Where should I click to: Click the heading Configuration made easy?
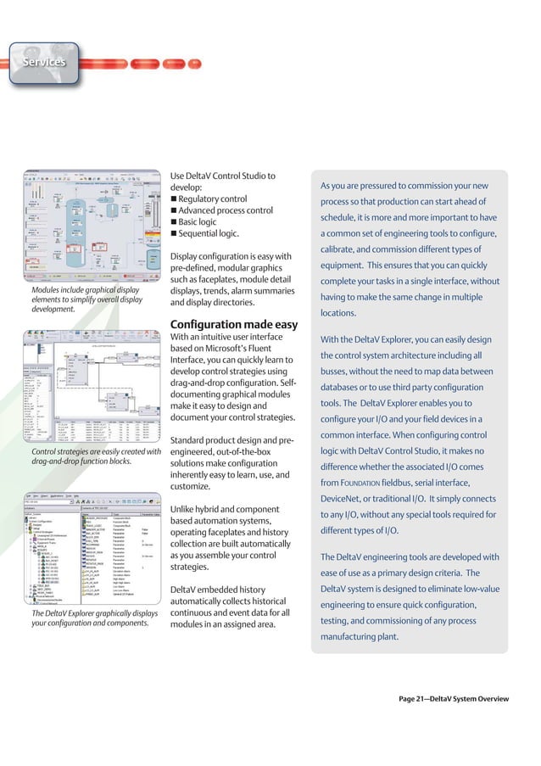pyautogui.click(x=234, y=325)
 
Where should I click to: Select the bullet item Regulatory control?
pyautogui.click(x=212, y=199)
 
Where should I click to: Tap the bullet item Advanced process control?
pyautogui.click(x=225, y=211)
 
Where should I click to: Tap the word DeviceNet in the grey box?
pyautogui.click(x=347, y=499)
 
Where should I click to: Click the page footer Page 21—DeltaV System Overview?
pyautogui.click(x=454, y=699)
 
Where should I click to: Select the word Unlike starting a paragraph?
pyautogui.click(x=186, y=509)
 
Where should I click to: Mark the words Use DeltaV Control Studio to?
pyautogui.click(x=223, y=176)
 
